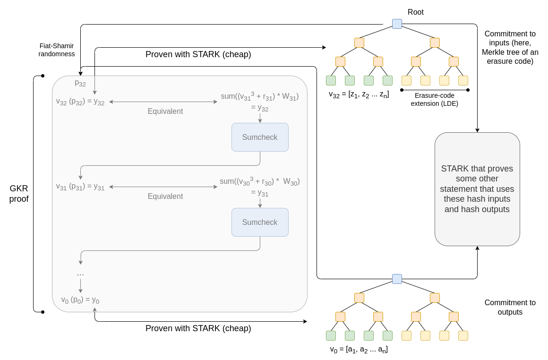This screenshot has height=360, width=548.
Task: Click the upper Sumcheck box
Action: coord(260,137)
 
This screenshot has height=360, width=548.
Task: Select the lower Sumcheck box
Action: coord(260,222)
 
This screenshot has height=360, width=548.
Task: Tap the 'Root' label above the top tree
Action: coord(415,12)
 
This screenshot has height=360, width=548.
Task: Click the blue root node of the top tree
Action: coord(397,24)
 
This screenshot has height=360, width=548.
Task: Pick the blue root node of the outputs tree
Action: coord(397,279)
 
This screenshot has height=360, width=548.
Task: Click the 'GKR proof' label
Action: coord(19,194)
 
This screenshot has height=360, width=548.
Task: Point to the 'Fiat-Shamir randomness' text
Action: coord(57,50)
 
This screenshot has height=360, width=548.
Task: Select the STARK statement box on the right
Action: coord(477,189)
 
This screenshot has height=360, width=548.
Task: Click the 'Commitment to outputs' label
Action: coord(510,307)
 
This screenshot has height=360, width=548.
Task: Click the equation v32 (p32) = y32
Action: coord(80,102)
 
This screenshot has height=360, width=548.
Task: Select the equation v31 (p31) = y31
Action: coord(80,187)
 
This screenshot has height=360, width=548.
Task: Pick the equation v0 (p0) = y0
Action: coord(80,300)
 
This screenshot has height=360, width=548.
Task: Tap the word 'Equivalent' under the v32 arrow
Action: coord(165,111)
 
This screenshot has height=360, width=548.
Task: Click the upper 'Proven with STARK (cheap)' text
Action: coord(198,54)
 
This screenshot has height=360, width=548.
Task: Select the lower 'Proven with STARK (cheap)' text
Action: coord(198,328)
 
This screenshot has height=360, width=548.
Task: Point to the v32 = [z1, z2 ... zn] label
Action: coord(359,94)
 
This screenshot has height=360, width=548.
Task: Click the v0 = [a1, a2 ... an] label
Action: coord(359,350)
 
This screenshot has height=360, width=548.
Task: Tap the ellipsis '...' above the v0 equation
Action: coord(80,274)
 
